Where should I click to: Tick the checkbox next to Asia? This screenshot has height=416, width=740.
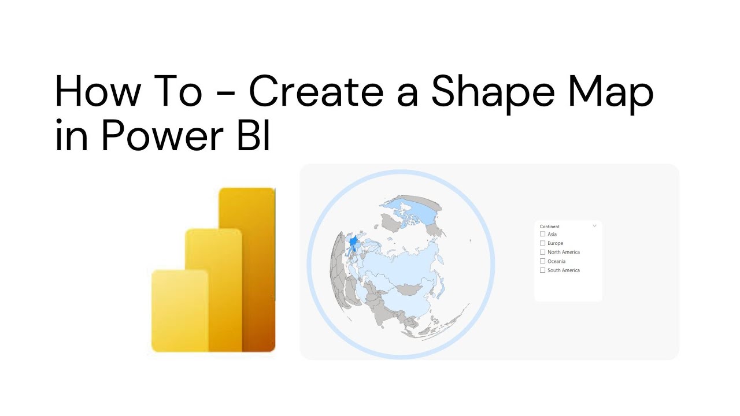click(x=542, y=234)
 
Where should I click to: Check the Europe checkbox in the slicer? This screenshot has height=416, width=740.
click(x=542, y=243)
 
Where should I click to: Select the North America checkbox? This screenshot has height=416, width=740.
click(x=542, y=252)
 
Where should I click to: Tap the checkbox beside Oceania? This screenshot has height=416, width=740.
click(x=542, y=261)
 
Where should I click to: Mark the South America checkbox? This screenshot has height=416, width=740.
click(x=542, y=270)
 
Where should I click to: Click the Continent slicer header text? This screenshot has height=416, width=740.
click(x=549, y=226)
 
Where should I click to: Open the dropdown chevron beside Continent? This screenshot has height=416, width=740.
click(x=594, y=226)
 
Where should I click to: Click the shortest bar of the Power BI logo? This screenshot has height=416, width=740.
click(x=179, y=310)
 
